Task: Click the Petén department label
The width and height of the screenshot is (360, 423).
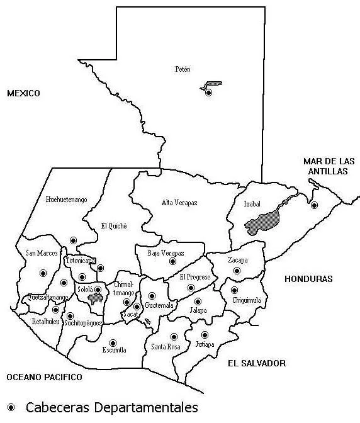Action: (x=183, y=69)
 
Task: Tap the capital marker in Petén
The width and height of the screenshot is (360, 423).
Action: (x=209, y=93)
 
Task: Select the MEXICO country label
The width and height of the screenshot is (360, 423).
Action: (x=23, y=93)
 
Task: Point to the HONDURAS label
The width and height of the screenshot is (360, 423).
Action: (x=308, y=278)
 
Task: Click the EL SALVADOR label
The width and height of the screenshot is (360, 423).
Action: (x=257, y=363)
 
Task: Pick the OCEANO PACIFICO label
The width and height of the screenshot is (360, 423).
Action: (x=44, y=377)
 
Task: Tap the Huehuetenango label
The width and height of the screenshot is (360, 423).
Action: (x=67, y=200)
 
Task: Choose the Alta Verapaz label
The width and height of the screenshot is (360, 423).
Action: (x=179, y=202)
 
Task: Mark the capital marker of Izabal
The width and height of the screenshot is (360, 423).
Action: (x=314, y=205)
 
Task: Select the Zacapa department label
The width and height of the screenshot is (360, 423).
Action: (x=237, y=260)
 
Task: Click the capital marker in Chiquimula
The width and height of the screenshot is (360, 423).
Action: (x=234, y=290)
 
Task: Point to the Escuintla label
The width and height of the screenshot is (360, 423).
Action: (x=115, y=349)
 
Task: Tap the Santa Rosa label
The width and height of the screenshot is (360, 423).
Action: (x=166, y=347)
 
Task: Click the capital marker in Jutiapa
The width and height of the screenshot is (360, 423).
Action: (x=205, y=335)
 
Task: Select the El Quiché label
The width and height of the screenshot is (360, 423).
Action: (x=114, y=225)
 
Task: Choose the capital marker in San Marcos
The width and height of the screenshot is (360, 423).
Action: (x=43, y=273)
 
